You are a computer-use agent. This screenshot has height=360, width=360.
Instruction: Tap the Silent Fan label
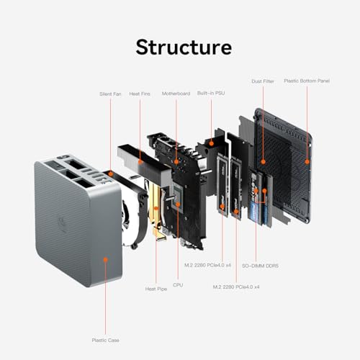coord(110,94)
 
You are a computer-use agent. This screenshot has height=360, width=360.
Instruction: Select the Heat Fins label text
coord(140,94)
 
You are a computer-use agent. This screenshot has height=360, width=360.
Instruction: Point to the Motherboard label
coord(175,94)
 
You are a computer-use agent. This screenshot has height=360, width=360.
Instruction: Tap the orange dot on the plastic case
coord(106,258)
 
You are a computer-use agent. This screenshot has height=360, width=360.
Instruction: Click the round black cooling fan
coord(133,209)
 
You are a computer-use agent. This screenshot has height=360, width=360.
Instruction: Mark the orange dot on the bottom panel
coord(307,160)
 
